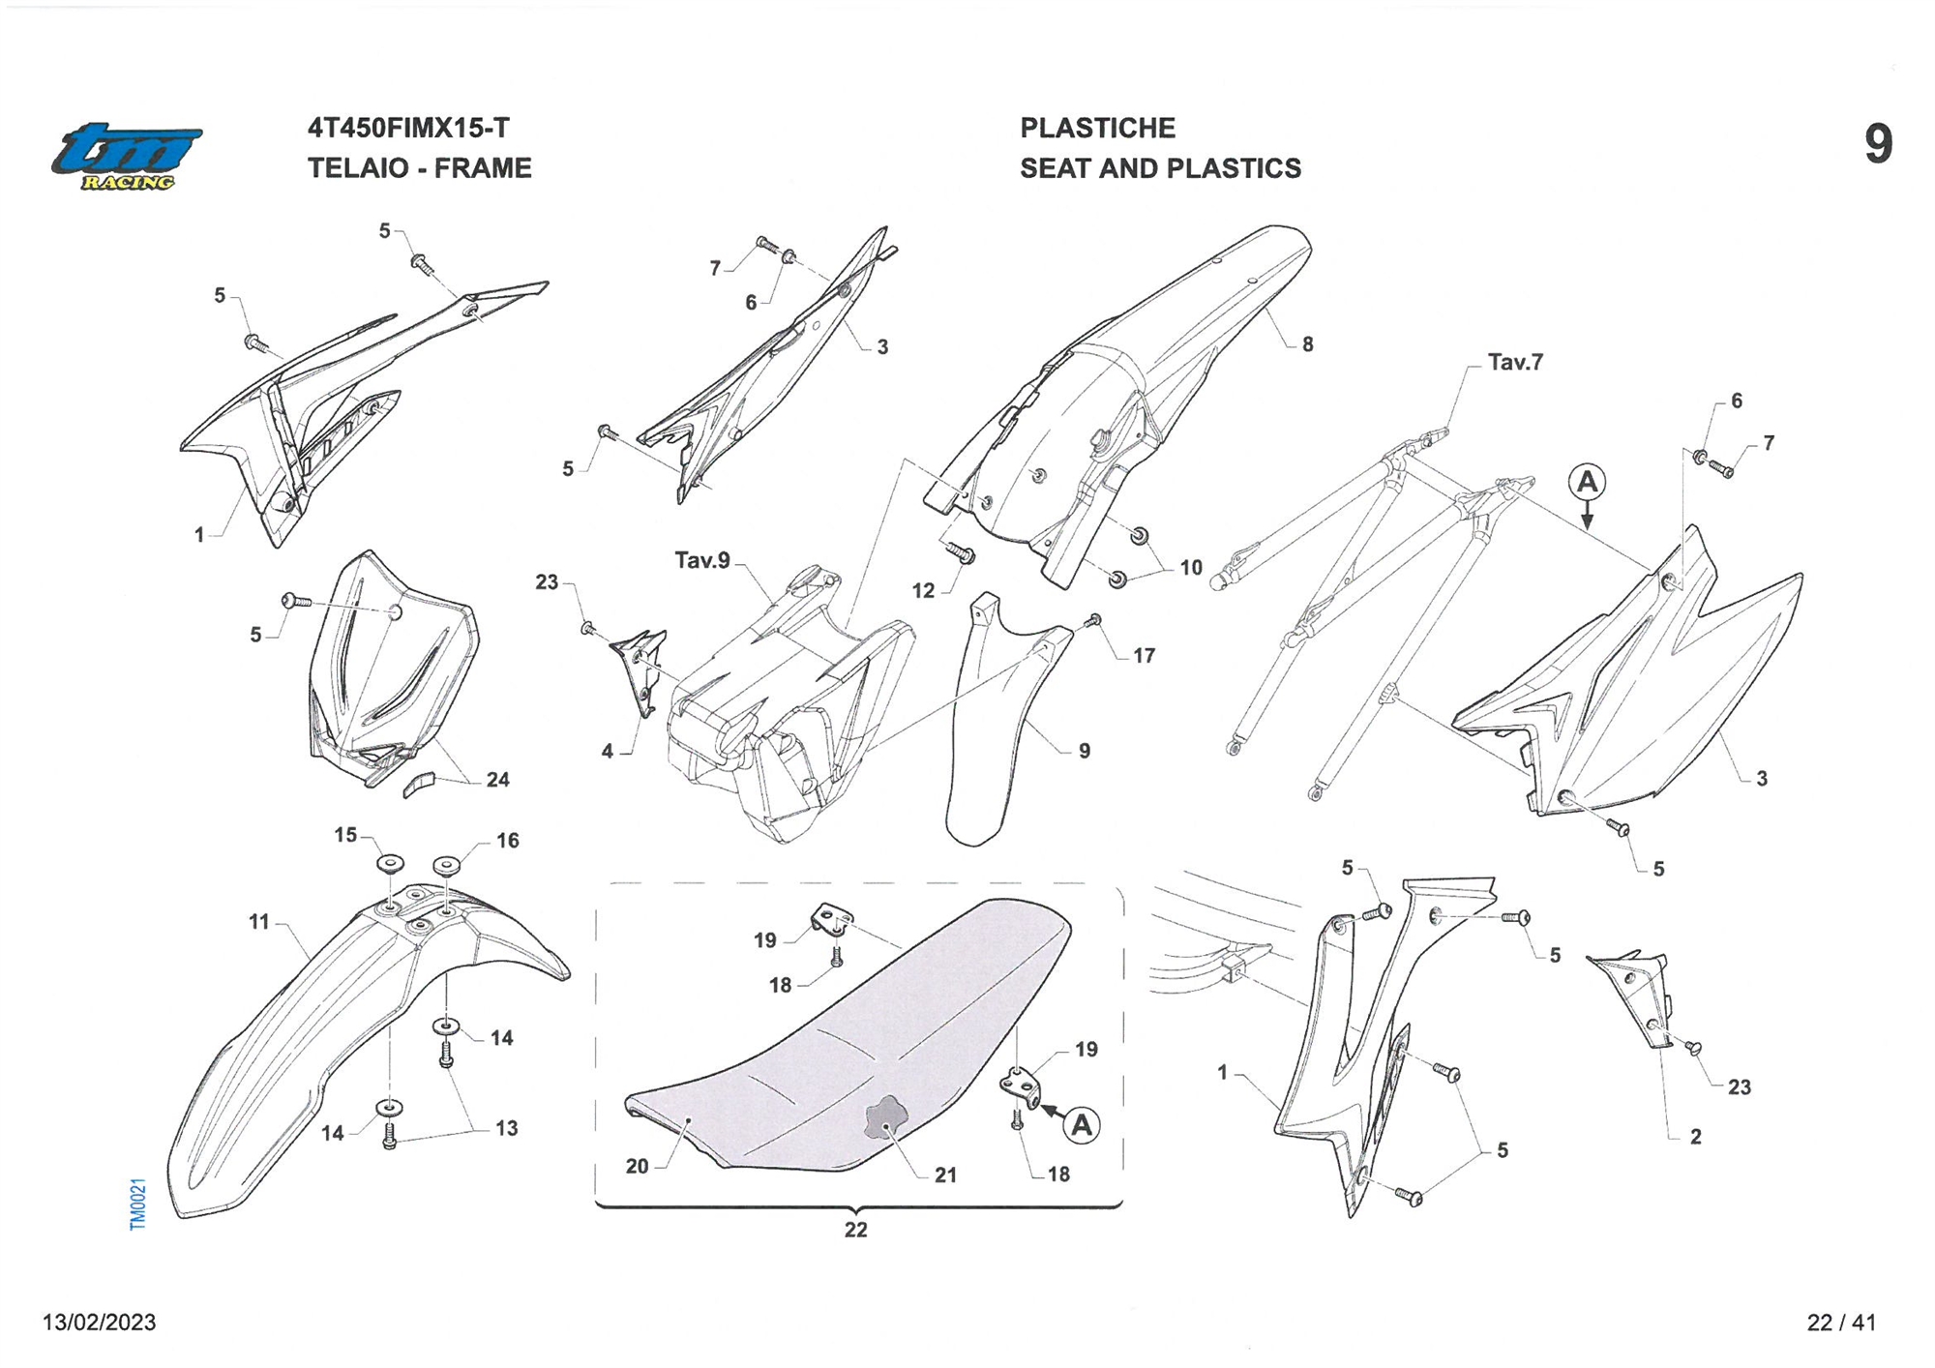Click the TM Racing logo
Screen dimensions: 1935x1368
point(127,156)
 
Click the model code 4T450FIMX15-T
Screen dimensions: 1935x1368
point(408,128)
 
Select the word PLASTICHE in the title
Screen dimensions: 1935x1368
point(1097,128)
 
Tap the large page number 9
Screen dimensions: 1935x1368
point(1878,144)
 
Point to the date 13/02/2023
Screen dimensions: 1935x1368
point(99,1323)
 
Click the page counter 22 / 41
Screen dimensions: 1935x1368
point(1841,1323)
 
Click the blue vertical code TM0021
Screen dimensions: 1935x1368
point(137,1204)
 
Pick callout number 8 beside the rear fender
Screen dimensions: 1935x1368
point(1307,344)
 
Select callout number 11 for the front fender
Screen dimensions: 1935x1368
point(258,922)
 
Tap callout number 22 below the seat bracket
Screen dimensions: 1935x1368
point(855,1230)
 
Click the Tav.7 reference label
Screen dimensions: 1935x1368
point(1515,362)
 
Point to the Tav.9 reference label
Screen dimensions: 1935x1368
point(702,560)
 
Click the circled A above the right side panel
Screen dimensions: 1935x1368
point(1587,481)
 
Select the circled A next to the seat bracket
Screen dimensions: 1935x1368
point(1082,1125)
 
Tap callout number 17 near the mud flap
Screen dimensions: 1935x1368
point(1144,656)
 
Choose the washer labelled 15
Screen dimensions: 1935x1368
point(390,863)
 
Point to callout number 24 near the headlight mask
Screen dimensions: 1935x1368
point(497,780)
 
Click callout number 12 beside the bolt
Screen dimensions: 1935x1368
point(924,590)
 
